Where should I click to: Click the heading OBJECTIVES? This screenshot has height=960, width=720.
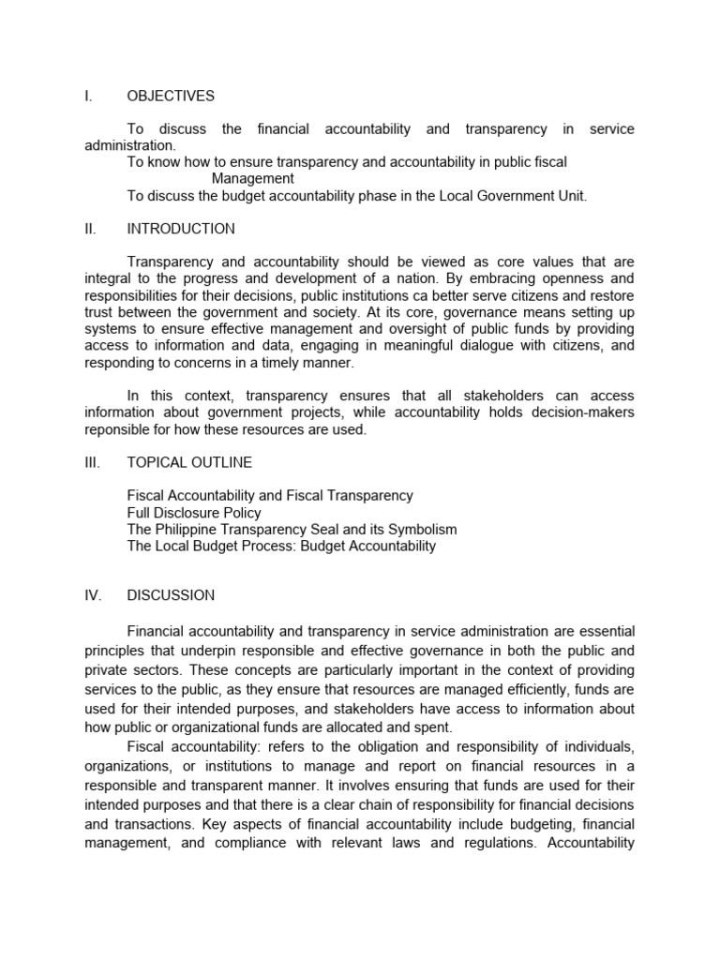tap(171, 96)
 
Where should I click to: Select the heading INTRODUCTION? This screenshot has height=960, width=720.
tap(181, 229)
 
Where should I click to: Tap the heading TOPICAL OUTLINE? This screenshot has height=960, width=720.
tap(189, 462)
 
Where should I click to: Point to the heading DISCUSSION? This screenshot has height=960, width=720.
tap(171, 595)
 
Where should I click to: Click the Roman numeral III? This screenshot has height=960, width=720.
tap(92, 462)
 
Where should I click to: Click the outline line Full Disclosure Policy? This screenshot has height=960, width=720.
tap(194, 513)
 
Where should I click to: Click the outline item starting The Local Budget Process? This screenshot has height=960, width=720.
tap(281, 547)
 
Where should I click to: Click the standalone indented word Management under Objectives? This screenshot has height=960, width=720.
tap(252, 179)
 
